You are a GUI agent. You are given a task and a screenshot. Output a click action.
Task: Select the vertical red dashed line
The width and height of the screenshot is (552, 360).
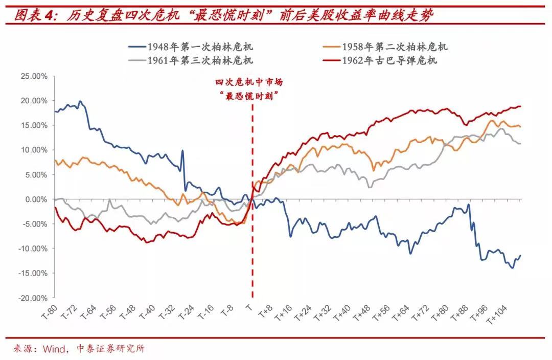click(x=252, y=245)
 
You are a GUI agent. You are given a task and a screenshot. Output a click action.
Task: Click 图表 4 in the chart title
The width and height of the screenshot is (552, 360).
click(x=34, y=16)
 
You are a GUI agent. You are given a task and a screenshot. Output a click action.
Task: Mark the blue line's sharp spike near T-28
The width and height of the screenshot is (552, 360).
click(x=182, y=151)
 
